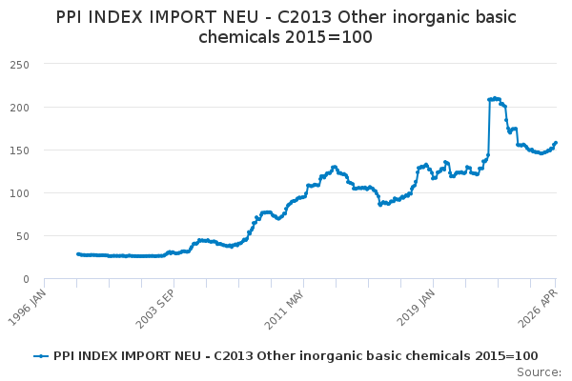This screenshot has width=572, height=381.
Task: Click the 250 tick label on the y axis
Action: (20, 65)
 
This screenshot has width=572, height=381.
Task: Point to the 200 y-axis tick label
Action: (20, 108)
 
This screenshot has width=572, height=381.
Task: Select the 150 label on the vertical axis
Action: (20, 150)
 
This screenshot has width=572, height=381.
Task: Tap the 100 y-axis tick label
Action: (20, 193)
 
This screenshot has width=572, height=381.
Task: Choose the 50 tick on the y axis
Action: (23, 236)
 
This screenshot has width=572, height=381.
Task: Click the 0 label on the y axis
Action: (26, 279)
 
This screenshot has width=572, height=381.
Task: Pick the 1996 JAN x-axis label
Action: (28, 308)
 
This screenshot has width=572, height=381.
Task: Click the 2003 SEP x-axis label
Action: (155, 309)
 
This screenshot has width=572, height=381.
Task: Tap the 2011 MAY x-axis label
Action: (284, 310)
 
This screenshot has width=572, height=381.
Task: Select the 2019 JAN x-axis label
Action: (416, 308)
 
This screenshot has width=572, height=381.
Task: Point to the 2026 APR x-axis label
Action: (539, 308)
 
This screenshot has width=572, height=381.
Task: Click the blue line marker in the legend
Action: (41, 356)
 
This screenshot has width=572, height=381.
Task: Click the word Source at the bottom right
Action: (539, 372)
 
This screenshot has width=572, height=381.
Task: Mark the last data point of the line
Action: (556, 143)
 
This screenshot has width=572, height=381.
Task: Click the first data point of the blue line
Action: (78, 253)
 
